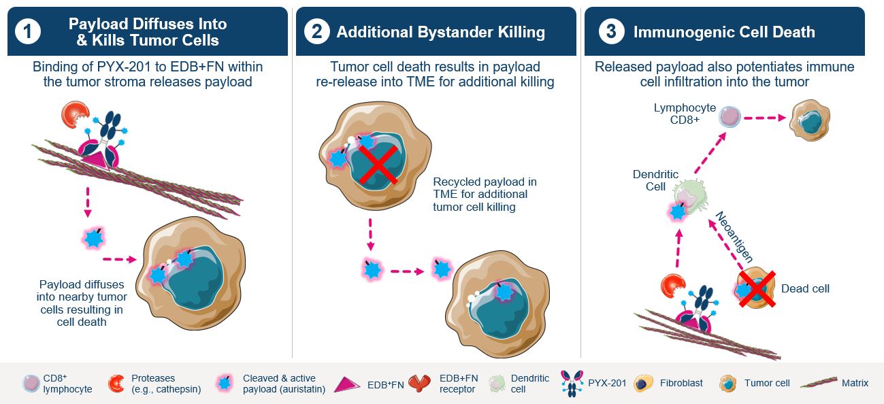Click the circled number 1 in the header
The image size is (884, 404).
tap(28, 32)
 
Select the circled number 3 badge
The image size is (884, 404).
tap(612, 32)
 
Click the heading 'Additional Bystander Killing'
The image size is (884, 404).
tap(440, 32)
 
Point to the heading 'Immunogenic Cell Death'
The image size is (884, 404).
tap(724, 32)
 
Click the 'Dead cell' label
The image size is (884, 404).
tap(805, 289)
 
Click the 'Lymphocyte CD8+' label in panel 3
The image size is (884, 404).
tap(675, 114)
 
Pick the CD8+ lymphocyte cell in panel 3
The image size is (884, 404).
tap(730, 116)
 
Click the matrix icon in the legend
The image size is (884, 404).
tap(818, 384)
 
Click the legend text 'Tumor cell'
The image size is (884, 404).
tap(767, 384)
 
